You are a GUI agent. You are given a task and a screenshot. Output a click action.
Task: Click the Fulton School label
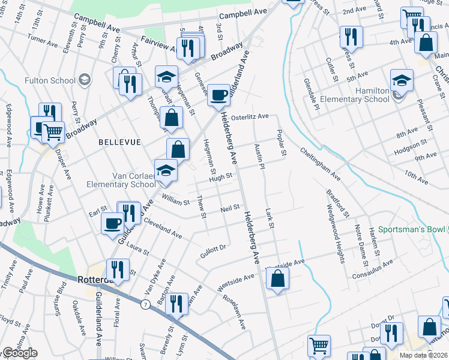point(50,80)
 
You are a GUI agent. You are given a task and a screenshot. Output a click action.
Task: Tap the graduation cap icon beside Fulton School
point(85,80)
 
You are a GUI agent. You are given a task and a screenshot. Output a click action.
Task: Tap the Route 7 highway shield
point(145,304)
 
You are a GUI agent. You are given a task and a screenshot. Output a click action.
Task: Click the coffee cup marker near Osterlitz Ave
point(218,95)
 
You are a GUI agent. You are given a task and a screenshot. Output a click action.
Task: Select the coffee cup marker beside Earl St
point(112,224)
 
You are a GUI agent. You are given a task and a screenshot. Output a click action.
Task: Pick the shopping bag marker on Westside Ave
point(277,279)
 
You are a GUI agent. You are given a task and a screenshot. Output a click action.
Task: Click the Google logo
point(20,353)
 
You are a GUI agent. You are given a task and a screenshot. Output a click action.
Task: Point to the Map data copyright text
point(423,355)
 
